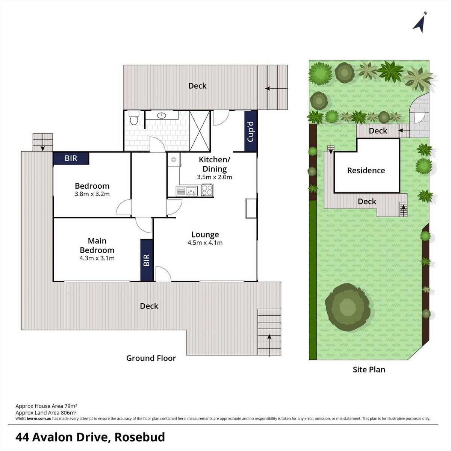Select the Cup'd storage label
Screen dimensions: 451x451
pos(251,131)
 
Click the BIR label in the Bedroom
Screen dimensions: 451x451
pos(71,158)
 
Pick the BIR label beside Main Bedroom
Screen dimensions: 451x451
pos(147,260)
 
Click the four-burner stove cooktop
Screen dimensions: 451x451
pos(207,190)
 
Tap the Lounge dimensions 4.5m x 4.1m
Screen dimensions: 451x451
pos(205,243)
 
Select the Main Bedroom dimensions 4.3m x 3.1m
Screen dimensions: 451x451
pos(97,258)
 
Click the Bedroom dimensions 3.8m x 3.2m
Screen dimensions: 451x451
pos(92,194)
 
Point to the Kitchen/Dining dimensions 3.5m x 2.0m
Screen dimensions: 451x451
pos(214,177)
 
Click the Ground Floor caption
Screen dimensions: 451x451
pos(151,358)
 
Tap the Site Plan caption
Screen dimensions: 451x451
pos(369,369)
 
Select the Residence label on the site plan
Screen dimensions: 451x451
pos(366,171)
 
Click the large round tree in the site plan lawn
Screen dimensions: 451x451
pos(348,307)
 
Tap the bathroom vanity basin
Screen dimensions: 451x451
pos(162,115)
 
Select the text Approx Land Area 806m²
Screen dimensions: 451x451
pos(46,412)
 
